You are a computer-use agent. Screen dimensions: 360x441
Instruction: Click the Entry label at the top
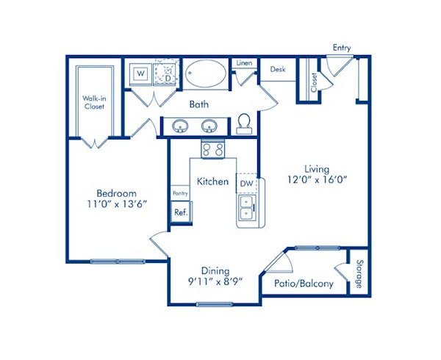coord(342,48)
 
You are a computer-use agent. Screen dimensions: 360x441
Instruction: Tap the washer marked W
coord(141,74)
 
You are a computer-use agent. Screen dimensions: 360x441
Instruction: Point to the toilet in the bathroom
coord(244,124)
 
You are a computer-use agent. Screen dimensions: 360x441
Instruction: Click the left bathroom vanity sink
coord(180,126)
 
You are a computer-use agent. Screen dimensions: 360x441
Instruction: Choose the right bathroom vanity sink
coord(210,126)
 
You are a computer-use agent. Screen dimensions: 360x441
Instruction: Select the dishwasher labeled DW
coord(247,183)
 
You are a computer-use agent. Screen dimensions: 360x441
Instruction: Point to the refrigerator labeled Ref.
coord(179,212)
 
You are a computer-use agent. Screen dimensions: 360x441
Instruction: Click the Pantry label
coord(180,193)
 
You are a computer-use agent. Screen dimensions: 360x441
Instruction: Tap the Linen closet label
coord(244,63)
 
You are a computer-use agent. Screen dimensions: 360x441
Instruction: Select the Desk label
coord(277,69)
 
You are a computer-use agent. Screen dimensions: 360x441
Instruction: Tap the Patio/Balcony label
coord(304,284)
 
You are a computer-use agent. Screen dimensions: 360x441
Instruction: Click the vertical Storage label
coord(359,273)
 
